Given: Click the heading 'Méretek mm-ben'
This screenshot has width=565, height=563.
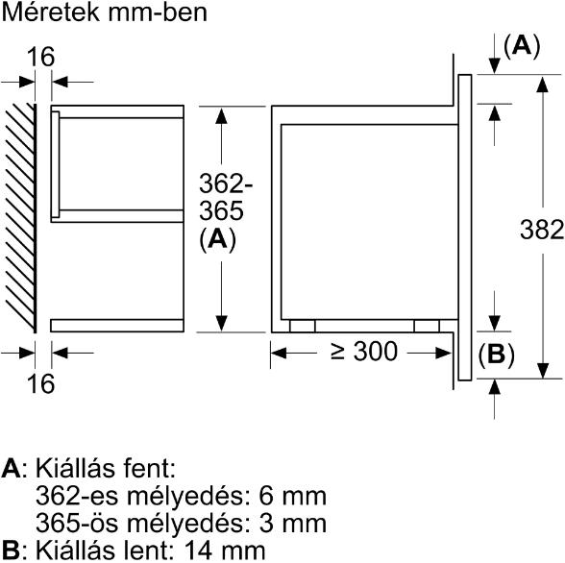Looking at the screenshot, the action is (105, 12).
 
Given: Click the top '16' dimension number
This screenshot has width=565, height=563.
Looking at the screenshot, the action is (40, 57).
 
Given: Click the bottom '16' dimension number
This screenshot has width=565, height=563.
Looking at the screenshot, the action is (40, 383).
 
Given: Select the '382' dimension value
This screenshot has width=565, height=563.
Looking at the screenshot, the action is (542, 230).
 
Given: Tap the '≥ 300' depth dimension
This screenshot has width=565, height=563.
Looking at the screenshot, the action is (364, 352).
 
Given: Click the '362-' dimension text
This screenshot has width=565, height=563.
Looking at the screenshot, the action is (226, 184).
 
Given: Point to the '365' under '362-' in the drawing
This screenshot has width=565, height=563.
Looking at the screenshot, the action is (221, 210).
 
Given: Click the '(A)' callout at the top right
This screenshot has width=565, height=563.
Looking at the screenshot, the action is (522, 46).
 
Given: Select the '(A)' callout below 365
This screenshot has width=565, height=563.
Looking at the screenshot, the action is (217, 239).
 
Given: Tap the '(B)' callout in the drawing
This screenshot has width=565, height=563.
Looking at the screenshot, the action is (496, 355).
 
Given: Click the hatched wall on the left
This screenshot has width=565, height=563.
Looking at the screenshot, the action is (21, 218).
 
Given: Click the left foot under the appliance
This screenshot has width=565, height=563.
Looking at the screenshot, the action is (303, 326).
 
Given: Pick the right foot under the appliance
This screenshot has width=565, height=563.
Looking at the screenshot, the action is (427, 326).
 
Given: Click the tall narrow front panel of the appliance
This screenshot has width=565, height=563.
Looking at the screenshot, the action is (465, 228).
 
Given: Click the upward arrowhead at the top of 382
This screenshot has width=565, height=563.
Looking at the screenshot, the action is (543, 85).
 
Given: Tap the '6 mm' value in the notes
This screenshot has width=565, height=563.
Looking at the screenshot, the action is (292, 496).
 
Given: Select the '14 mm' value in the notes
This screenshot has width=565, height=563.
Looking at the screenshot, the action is (225, 551).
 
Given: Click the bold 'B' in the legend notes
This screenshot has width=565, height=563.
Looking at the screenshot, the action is (11, 551).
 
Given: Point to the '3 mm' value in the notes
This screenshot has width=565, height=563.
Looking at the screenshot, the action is (292, 524).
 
